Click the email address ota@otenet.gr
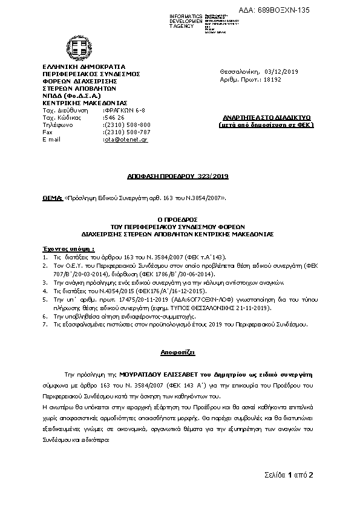coord(126,139)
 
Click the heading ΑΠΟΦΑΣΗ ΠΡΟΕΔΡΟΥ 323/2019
coord(178,177)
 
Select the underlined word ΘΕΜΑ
coord(53,197)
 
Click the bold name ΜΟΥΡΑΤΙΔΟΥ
coord(145,375)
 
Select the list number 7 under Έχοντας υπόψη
coord(45,324)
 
